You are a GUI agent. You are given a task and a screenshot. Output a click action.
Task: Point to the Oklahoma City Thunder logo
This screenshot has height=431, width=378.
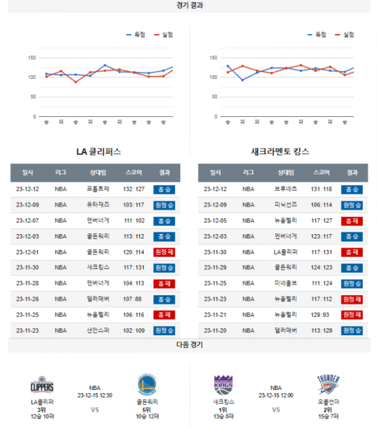(x=328, y=385)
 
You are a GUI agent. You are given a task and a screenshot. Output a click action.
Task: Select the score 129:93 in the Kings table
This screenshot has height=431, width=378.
(x=321, y=314)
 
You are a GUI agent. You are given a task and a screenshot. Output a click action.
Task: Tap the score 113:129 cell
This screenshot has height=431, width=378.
(x=321, y=330)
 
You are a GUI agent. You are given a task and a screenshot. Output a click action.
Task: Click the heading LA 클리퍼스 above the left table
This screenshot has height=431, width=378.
(x=98, y=152)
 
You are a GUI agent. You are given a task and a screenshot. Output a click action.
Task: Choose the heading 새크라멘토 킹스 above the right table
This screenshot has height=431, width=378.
(x=280, y=152)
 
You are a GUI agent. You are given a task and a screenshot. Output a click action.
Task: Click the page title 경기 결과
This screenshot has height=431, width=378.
(x=189, y=5)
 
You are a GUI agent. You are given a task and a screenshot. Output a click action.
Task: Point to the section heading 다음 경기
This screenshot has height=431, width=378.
(x=189, y=345)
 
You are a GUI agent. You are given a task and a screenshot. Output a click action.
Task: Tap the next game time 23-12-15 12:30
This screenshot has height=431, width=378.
(x=94, y=396)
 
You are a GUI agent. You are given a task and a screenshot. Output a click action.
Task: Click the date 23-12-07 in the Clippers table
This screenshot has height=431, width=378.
(x=28, y=220)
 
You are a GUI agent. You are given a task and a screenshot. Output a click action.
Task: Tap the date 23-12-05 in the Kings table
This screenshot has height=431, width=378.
(x=215, y=220)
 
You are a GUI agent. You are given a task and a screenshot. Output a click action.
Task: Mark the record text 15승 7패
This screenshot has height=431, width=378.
(x=328, y=416)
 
